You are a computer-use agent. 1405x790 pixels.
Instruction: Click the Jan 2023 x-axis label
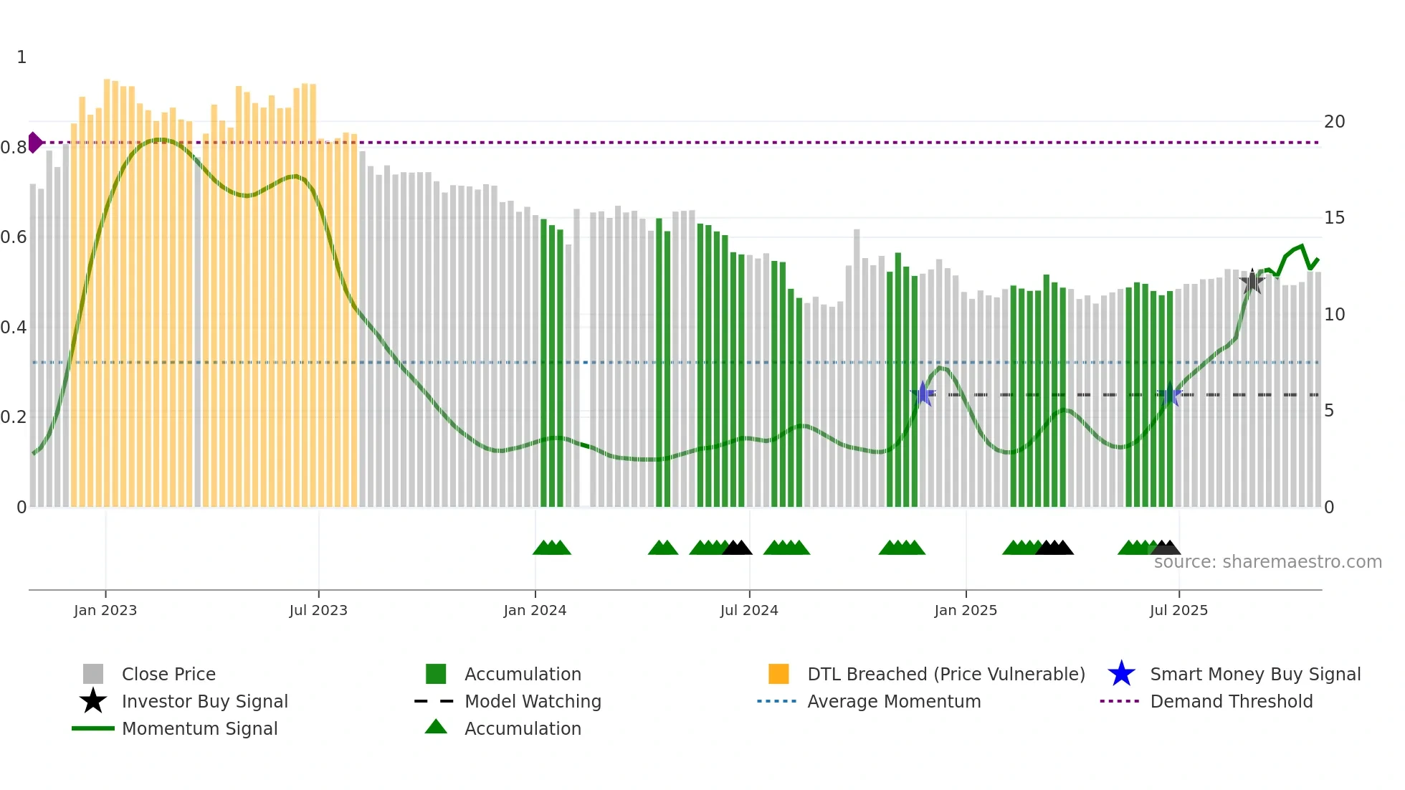coord(105,610)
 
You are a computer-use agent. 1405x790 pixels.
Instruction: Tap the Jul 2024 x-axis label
coord(749,610)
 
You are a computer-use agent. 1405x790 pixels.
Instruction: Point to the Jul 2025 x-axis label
coord(1178,610)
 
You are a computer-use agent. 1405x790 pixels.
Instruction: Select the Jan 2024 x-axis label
coord(535,610)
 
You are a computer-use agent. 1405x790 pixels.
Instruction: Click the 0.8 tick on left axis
coord(14,148)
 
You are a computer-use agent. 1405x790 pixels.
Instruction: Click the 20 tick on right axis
coord(1334,122)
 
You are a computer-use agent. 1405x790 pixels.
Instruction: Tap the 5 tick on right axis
coord(1329,411)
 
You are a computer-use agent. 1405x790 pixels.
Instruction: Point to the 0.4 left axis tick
coord(14,328)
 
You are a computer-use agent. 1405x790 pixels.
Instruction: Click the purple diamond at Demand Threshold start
coord(34,143)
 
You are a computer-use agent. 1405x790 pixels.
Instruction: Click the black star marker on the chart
coord(1252,282)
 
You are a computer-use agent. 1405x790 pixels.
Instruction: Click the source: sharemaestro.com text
coord(1267,562)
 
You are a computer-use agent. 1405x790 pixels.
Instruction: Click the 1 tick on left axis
coord(22,57)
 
